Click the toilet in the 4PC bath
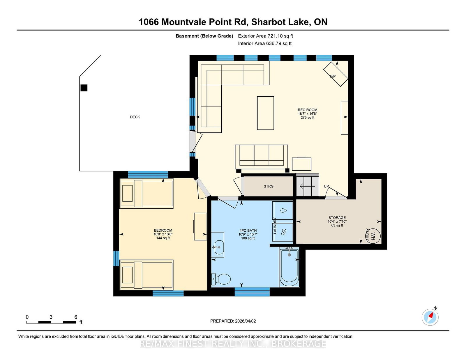(x=221, y=279)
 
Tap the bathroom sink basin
(x=219, y=247)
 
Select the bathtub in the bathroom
(x=289, y=267)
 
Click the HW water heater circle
(x=374, y=236)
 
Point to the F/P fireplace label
(x=333, y=76)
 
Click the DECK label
(x=135, y=117)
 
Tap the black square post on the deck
(x=84, y=88)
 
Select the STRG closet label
(x=269, y=187)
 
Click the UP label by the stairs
(x=326, y=187)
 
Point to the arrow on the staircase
(x=307, y=187)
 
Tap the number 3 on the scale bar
(x=51, y=317)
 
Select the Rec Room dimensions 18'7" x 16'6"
(x=307, y=114)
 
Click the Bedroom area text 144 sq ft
(x=163, y=238)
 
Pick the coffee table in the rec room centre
(x=266, y=113)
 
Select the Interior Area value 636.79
(x=273, y=43)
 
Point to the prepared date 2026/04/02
(x=245, y=321)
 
